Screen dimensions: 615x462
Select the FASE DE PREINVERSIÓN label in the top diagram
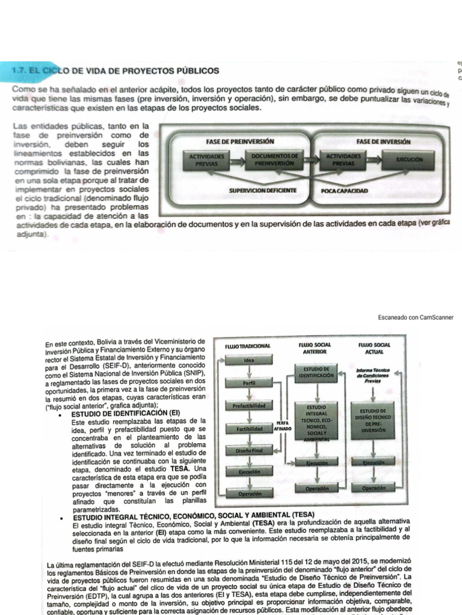tap(239, 142)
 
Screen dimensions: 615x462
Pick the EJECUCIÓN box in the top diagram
tap(409, 160)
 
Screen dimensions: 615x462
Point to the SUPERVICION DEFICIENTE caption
tap(262, 191)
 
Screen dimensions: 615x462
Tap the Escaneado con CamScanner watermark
tap(416, 317)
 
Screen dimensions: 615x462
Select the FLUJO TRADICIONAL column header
tap(248, 347)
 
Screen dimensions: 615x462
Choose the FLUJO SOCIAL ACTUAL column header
tap(374, 349)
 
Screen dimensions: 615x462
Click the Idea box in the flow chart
tap(249, 360)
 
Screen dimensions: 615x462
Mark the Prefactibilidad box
tap(249, 407)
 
